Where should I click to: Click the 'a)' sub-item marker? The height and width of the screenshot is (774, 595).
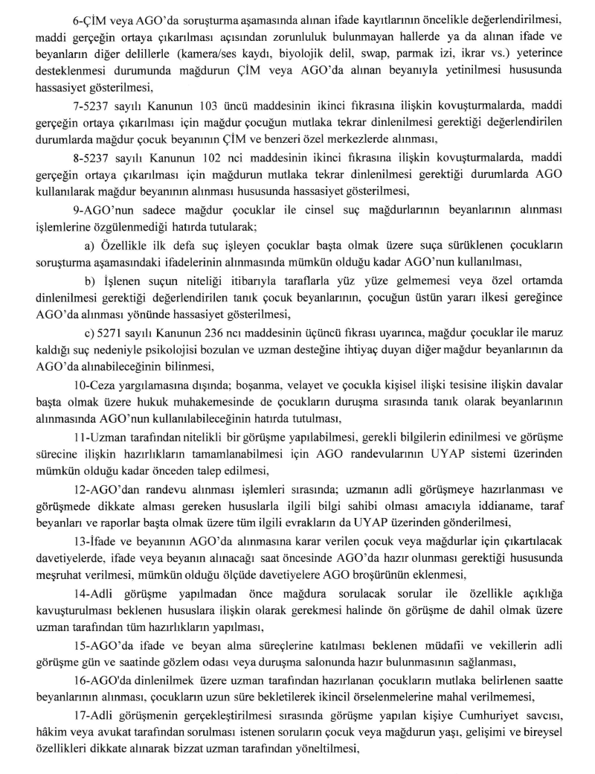tap(87, 246)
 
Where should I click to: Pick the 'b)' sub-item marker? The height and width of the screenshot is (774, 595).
tap(88, 279)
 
